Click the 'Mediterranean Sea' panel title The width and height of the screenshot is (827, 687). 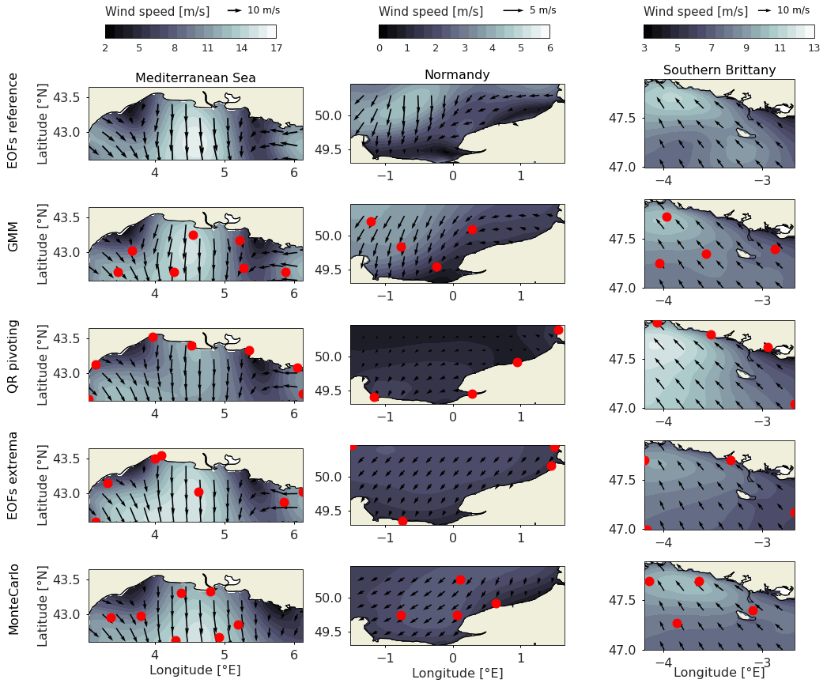pos(195,77)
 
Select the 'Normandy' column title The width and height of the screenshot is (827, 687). pos(457,75)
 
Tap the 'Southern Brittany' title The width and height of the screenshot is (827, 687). pos(719,70)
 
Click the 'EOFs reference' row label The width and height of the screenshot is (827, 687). pos(13,120)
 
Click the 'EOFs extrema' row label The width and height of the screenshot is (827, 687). pos(13,485)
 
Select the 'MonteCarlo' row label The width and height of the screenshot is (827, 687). pos(13,599)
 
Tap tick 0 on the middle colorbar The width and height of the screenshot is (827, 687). pos(380,48)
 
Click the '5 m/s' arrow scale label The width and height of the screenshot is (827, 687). pos(542,10)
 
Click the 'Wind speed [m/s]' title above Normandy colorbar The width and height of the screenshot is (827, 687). pos(430,12)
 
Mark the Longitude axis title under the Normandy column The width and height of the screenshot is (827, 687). pos(457,674)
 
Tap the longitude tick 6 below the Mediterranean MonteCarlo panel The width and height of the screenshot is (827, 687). pos(293,654)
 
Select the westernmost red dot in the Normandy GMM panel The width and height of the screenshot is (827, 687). pos(371,221)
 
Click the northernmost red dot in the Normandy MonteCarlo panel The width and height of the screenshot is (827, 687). pos(460,579)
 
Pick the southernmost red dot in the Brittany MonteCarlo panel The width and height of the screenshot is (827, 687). pos(677,623)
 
